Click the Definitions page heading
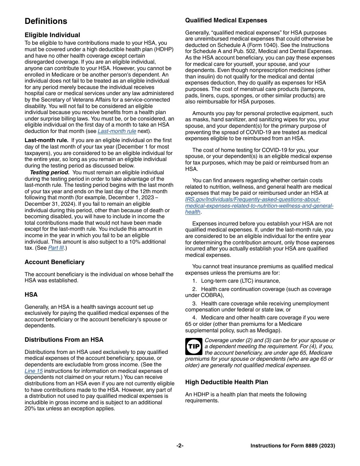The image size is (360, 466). coord(46,21)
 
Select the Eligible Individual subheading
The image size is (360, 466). coord(52,35)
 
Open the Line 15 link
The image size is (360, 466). coord(34,371)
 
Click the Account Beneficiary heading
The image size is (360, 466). coord(55,262)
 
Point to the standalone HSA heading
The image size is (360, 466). coord(31,295)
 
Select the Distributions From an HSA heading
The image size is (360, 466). coord(64,340)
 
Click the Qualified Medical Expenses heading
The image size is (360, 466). coord(226,20)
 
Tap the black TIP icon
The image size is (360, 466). coord(194,347)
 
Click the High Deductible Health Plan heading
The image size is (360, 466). coord(227,382)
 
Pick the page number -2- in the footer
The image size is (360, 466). coord(180,446)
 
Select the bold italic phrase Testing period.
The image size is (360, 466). coord(55,173)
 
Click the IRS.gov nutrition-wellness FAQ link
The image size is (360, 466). coord(259,206)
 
